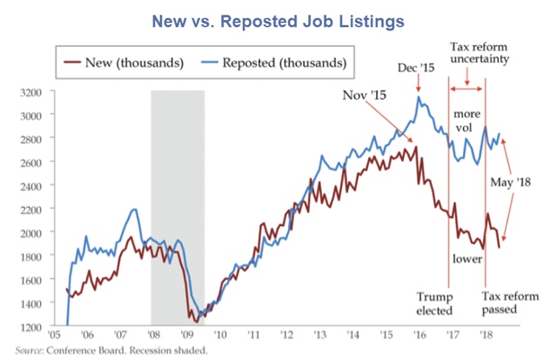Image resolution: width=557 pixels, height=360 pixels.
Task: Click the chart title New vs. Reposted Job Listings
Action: pos(278,19)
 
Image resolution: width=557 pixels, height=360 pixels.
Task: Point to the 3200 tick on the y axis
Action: pos(33,91)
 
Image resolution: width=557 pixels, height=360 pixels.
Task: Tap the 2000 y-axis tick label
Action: pos(33,233)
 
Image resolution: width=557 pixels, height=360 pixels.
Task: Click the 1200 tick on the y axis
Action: pos(33,327)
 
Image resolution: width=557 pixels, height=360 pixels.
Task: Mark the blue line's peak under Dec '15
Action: pos(419,97)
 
